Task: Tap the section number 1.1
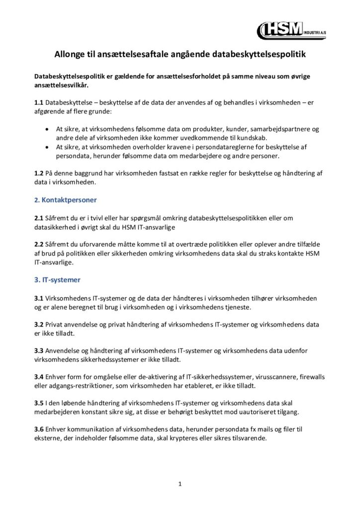(39, 102)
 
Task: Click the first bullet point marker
(47, 129)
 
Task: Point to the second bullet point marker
(47, 147)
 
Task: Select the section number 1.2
(39, 173)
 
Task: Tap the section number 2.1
(39, 218)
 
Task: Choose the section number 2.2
(39, 245)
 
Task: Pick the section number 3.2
(39, 324)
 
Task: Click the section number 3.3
(39, 350)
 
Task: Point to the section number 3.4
(39, 377)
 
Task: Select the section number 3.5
(39, 403)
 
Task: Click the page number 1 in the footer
(180, 483)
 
